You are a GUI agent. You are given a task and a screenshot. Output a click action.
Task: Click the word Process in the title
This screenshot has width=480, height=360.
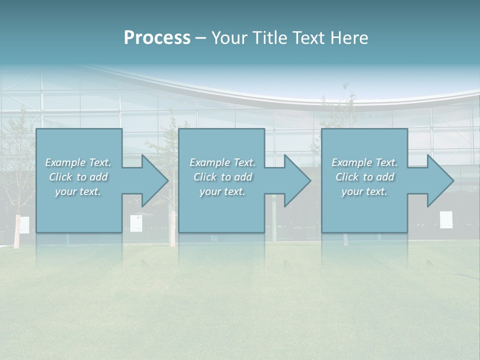tap(157, 38)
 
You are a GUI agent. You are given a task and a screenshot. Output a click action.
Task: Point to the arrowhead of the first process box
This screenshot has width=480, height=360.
tap(154, 180)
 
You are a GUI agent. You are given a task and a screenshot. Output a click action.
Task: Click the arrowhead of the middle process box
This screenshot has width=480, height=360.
tap(297, 180)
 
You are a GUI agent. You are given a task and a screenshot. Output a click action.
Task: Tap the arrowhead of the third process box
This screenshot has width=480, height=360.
tap(440, 180)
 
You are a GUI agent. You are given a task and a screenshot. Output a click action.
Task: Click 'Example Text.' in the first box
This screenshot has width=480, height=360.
tap(78, 162)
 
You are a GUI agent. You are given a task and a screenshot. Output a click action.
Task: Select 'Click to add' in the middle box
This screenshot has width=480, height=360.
tap(222, 177)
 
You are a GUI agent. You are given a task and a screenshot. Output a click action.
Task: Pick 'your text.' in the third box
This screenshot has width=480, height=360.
tap(364, 191)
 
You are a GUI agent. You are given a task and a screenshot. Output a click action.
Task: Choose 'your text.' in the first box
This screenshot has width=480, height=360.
tap(78, 191)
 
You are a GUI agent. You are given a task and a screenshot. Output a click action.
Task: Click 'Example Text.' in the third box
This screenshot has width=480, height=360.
tap(364, 162)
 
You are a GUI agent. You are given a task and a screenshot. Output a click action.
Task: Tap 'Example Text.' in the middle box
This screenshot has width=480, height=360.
tap(222, 162)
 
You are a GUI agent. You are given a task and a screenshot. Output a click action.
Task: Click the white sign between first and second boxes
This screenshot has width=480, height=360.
tap(136, 223)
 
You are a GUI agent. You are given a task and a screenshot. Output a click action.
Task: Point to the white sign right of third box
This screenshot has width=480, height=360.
tap(446, 219)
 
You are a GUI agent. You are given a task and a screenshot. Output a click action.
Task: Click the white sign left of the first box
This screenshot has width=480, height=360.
tap(24, 224)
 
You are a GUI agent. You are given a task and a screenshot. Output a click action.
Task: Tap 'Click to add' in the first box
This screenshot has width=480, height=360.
tap(78, 177)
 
